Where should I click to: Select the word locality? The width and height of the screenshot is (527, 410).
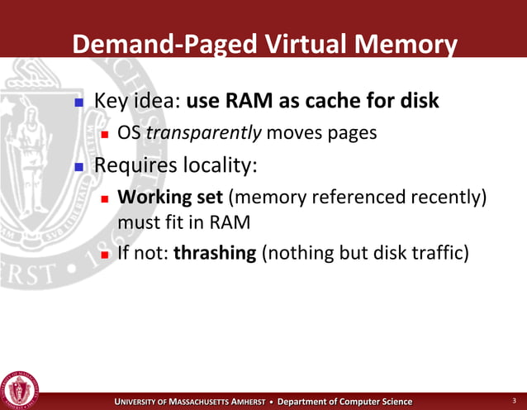tap(217, 164)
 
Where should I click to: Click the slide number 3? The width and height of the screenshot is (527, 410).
tap(514, 401)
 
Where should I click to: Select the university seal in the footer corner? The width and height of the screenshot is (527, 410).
tap(19, 387)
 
